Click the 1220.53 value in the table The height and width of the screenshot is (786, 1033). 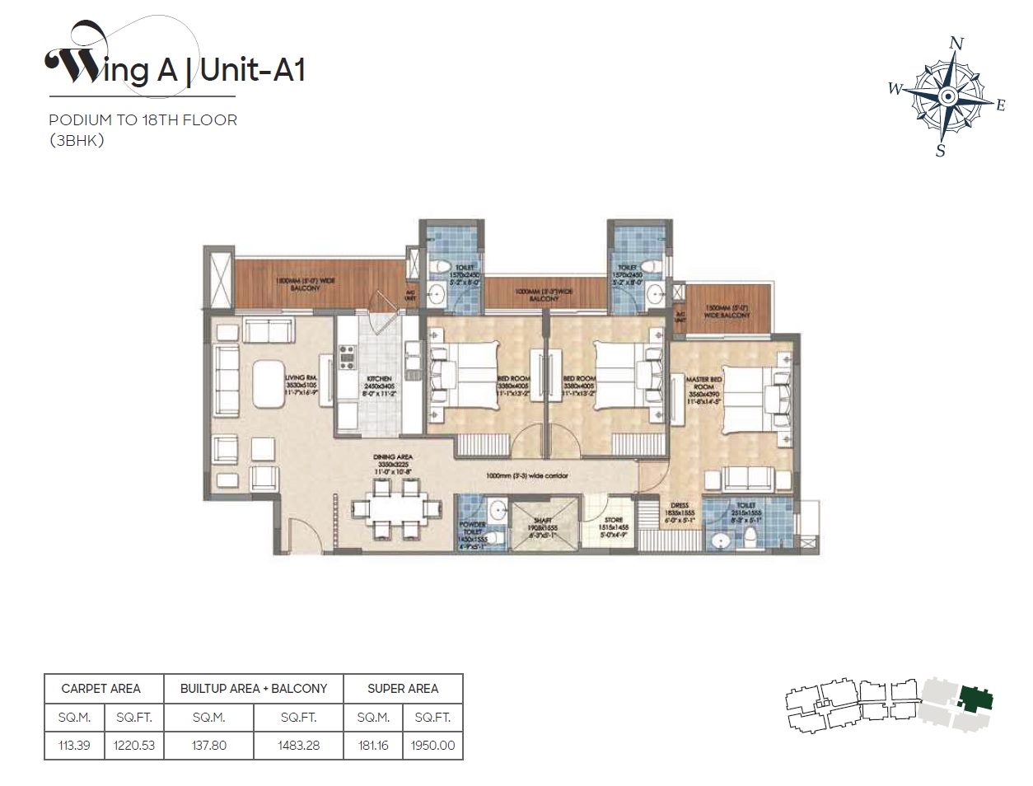click(134, 746)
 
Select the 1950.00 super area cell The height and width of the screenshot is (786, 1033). click(432, 746)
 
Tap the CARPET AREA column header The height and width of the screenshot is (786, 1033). click(100, 689)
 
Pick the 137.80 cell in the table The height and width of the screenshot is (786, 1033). click(209, 746)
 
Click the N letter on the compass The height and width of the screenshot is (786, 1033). click(956, 44)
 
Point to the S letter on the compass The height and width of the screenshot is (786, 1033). click(940, 151)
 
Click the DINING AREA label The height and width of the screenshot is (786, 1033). click(393, 456)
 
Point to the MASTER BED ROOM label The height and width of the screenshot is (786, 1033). click(703, 383)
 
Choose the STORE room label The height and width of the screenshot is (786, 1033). click(614, 521)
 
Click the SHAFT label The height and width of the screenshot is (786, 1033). click(543, 521)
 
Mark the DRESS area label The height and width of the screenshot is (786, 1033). click(680, 506)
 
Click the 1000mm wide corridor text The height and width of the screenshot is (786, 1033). click(527, 476)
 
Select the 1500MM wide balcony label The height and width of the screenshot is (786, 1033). click(727, 311)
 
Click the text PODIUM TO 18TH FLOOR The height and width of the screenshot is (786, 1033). click(143, 120)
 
